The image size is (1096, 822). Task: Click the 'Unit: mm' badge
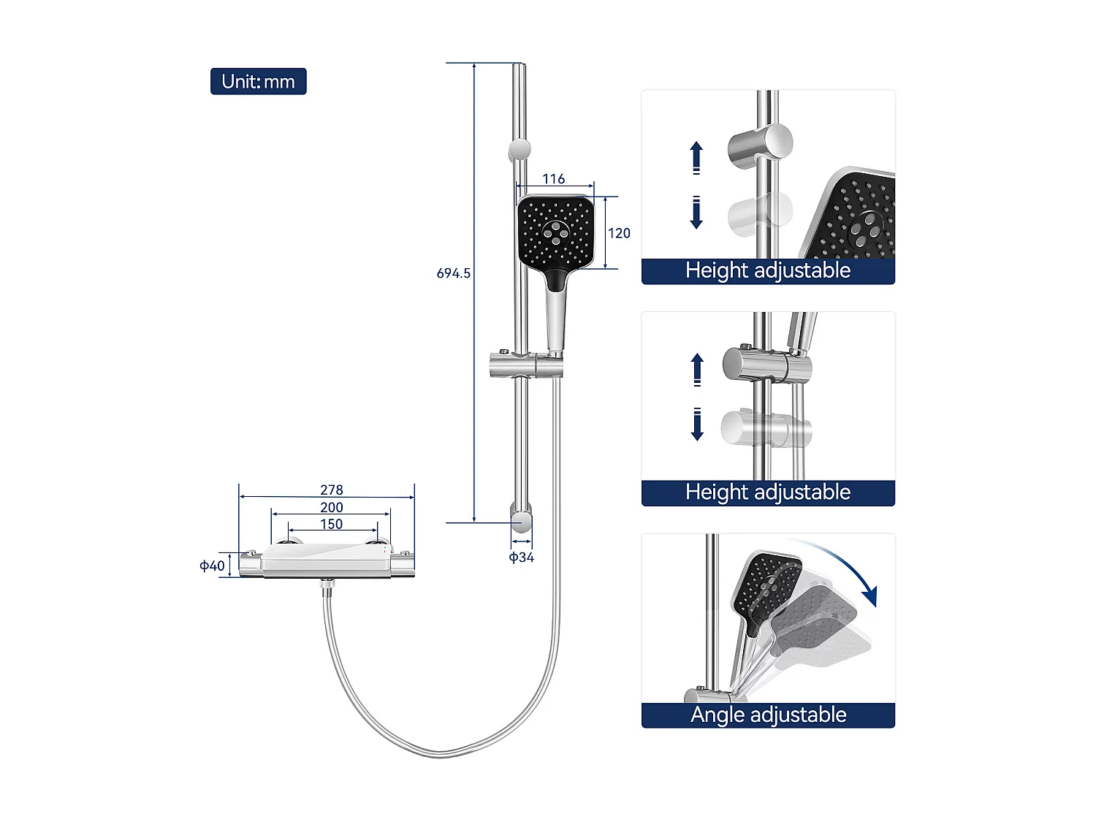(x=258, y=81)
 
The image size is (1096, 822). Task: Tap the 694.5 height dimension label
(x=453, y=273)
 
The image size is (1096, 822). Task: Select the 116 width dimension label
(x=553, y=179)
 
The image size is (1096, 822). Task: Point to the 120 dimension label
(x=619, y=233)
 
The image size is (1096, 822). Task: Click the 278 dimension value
(x=331, y=490)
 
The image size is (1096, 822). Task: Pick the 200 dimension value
(x=331, y=507)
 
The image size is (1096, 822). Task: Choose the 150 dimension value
(x=331, y=524)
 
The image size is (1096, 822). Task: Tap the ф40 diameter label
(x=213, y=566)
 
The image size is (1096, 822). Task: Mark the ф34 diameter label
(x=521, y=557)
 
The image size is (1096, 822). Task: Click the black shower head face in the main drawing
(x=556, y=232)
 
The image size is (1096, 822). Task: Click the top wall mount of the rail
(x=520, y=150)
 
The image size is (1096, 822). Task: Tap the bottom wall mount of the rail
(x=521, y=520)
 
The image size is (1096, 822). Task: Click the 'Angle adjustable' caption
(x=768, y=715)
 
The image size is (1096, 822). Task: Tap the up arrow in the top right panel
(x=696, y=157)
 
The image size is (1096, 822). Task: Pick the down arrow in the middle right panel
(x=697, y=425)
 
